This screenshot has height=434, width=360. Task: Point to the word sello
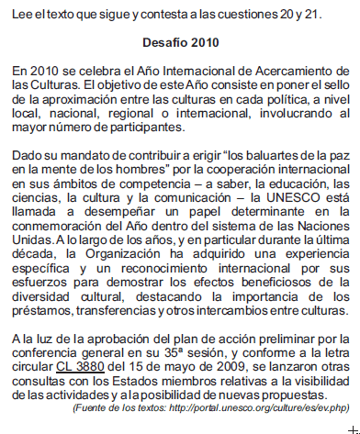(x=334, y=83)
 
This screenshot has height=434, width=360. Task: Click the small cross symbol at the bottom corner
(x=343, y=428)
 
